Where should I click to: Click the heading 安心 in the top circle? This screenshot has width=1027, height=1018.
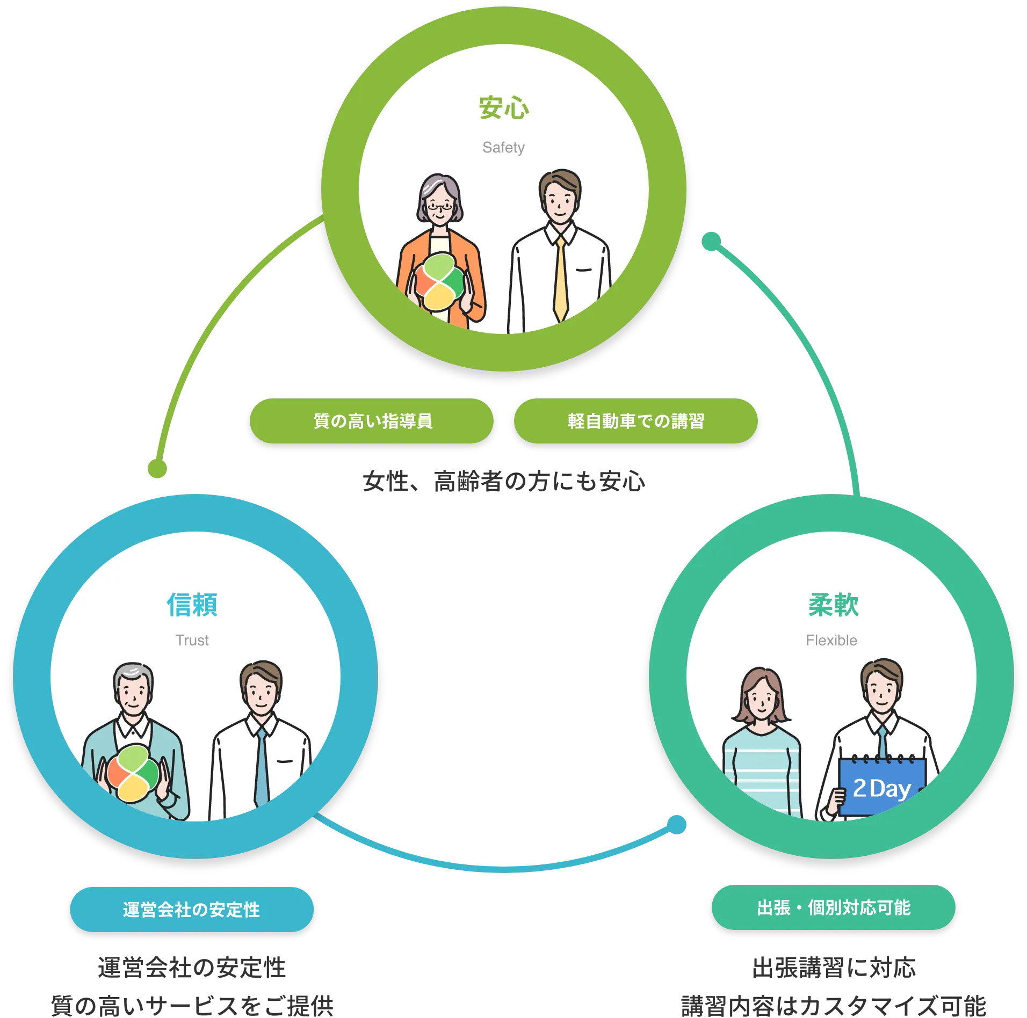tap(503, 108)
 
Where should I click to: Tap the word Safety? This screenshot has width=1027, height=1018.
tap(503, 148)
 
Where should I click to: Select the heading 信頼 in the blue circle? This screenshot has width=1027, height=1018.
tap(192, 605)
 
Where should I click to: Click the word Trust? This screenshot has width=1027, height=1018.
tap(192, 640)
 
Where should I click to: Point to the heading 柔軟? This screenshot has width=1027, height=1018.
tap(833, 605)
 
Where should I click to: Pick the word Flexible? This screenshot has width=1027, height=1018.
tap(831, 640)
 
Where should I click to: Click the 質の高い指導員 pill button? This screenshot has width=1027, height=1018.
tap(372, 421)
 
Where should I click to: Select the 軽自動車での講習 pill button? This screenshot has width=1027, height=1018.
tap(635, 421)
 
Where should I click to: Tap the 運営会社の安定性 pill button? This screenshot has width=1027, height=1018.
tap(192, 910)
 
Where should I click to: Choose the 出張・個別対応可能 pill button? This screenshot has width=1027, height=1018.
tap(833, 908)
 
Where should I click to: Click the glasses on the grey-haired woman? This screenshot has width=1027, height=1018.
tap(440, 206)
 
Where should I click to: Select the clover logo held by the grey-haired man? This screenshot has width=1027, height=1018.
tap(133, 773)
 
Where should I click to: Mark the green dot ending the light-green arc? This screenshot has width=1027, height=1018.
tap(157, 468)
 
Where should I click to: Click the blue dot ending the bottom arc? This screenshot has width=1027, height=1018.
tap(677, 825)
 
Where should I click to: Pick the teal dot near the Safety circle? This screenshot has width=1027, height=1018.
tap(711, 241)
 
